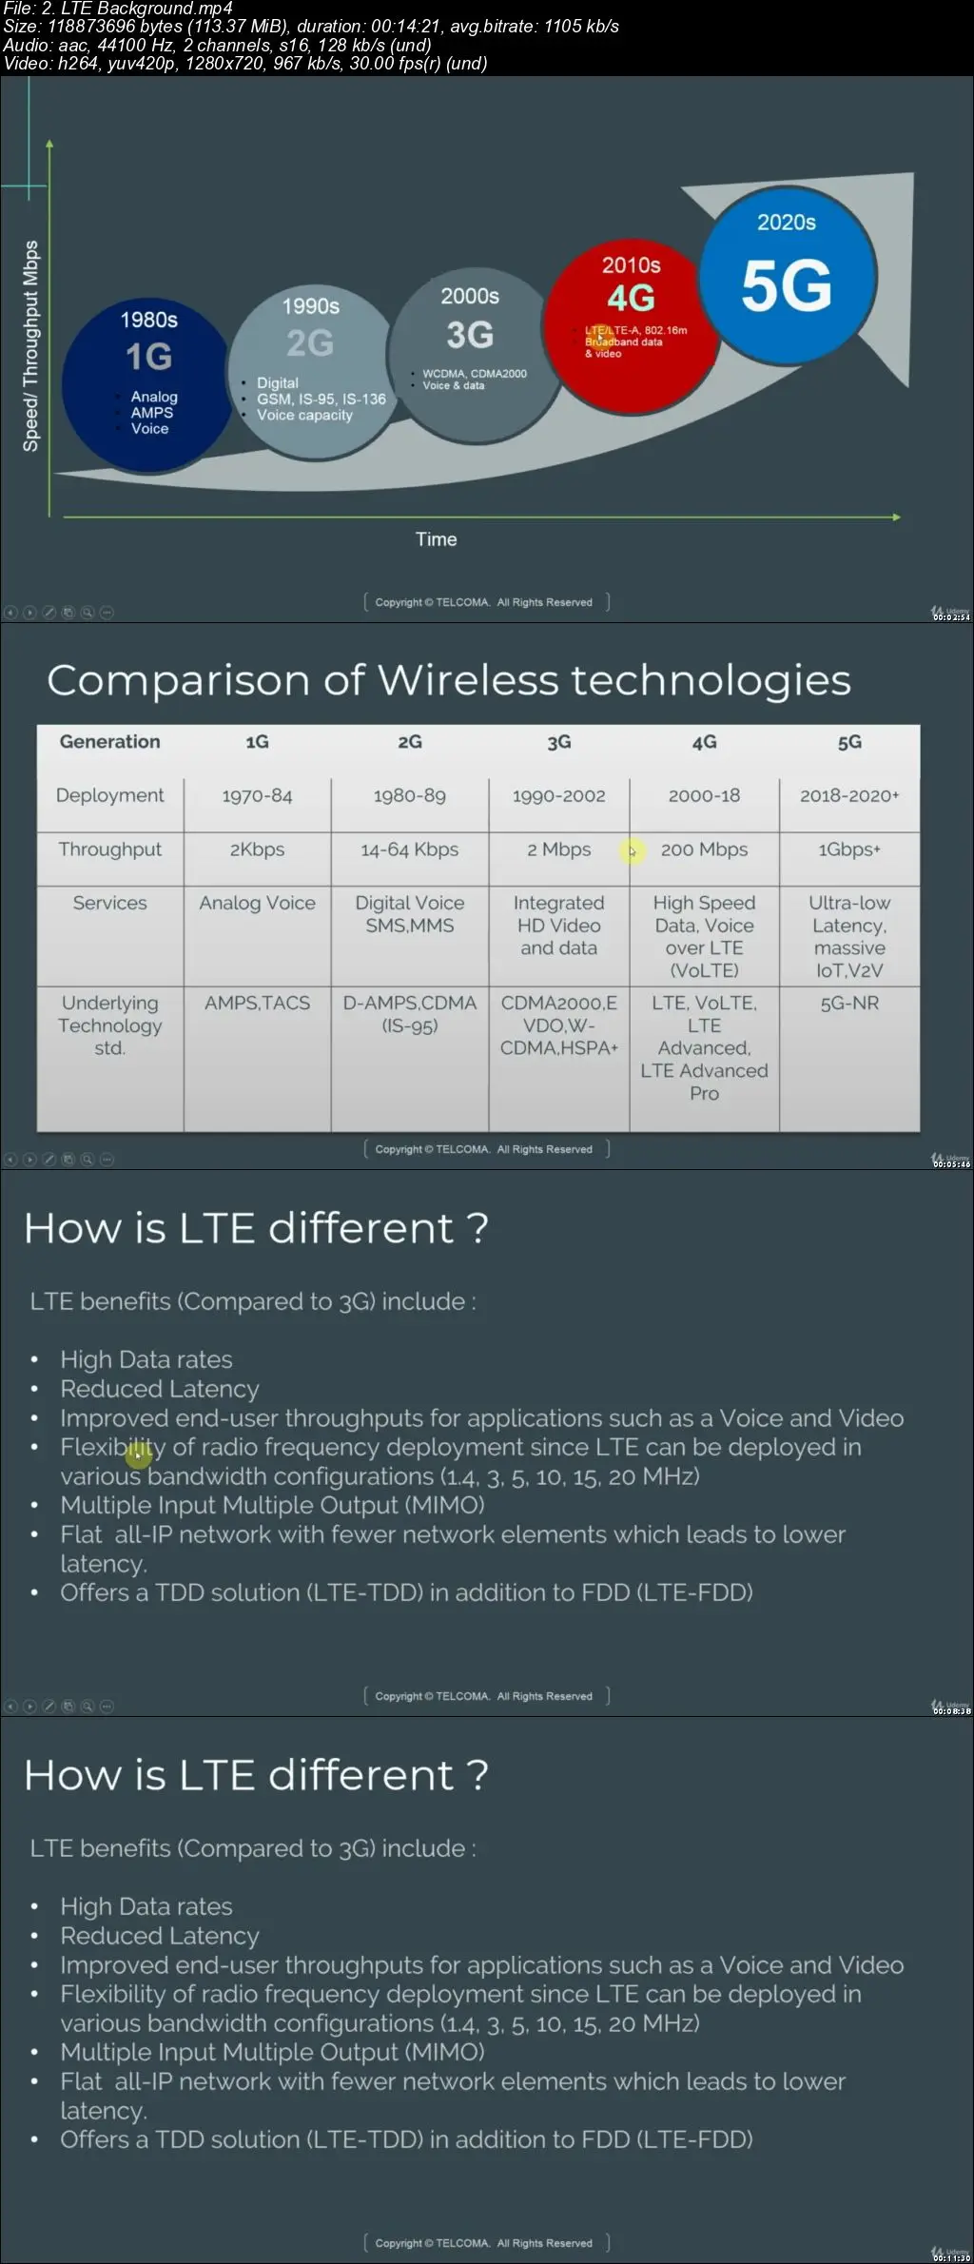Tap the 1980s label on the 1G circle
[x=148, y=320]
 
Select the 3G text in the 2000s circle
[x=470, y=335]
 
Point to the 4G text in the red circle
[x=631, y=299]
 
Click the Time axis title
[x=436, y=539]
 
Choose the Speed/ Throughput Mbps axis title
[x=30, y=345]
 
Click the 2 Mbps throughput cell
[x=559, y=849]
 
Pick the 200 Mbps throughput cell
[x=704, y=849]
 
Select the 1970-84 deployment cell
[x=257, y=795]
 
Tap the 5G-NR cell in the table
[x=849, y=1003]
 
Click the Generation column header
[x=109, y=742]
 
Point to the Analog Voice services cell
[x=257, y=903]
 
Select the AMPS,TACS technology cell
[x=257, y=1003]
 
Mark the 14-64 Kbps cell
[x=409, y=849]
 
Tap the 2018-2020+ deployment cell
[x=849, y=795]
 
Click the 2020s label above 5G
[x=787, y=223]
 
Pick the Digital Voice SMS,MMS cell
[x=409, y=914]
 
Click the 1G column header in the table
[x=257, y=742]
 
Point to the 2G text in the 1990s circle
[x=310, y=343]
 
